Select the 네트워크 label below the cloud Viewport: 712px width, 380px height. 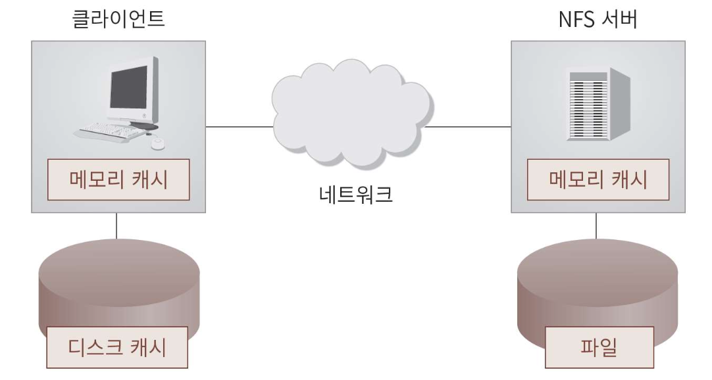[352, 195]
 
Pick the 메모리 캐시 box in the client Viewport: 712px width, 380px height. [118, 179]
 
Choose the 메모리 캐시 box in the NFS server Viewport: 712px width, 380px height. [596, 179]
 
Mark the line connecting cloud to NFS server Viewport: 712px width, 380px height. [467, 127]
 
